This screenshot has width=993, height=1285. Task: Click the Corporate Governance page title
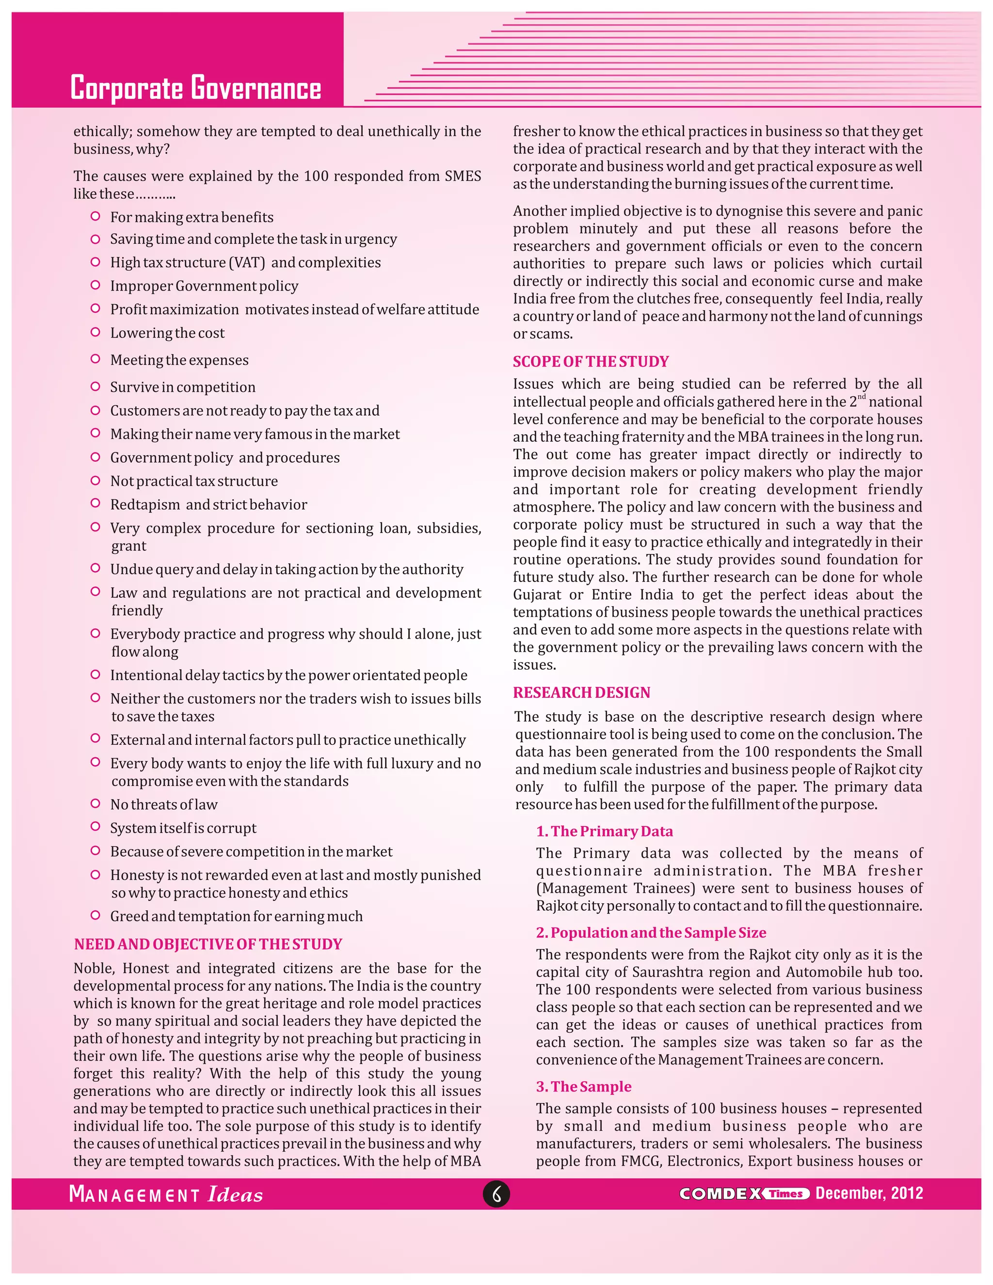tap(195, 88)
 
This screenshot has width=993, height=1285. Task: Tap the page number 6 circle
tap(496, 1194)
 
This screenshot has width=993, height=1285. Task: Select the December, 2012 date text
tap(869, 1193)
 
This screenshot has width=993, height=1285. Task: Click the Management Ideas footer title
tap(166, 1194)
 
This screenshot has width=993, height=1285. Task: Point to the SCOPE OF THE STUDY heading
tap(591, 361)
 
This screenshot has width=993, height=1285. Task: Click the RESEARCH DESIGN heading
tap(581, 692)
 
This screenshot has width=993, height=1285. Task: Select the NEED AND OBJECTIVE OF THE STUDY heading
tap(208, 944)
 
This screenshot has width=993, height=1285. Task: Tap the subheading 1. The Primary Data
tap(604, 831)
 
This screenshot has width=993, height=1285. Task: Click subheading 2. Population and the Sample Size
tap(651, 932)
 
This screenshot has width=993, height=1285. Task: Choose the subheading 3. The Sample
tap(584, 1087)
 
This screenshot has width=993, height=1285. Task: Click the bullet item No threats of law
tap(163, 804)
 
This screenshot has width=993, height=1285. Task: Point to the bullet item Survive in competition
tap(182, 387)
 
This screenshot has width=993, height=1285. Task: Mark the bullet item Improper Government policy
tap(204, 286)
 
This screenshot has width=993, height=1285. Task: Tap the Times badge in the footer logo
tap(786, 1194)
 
